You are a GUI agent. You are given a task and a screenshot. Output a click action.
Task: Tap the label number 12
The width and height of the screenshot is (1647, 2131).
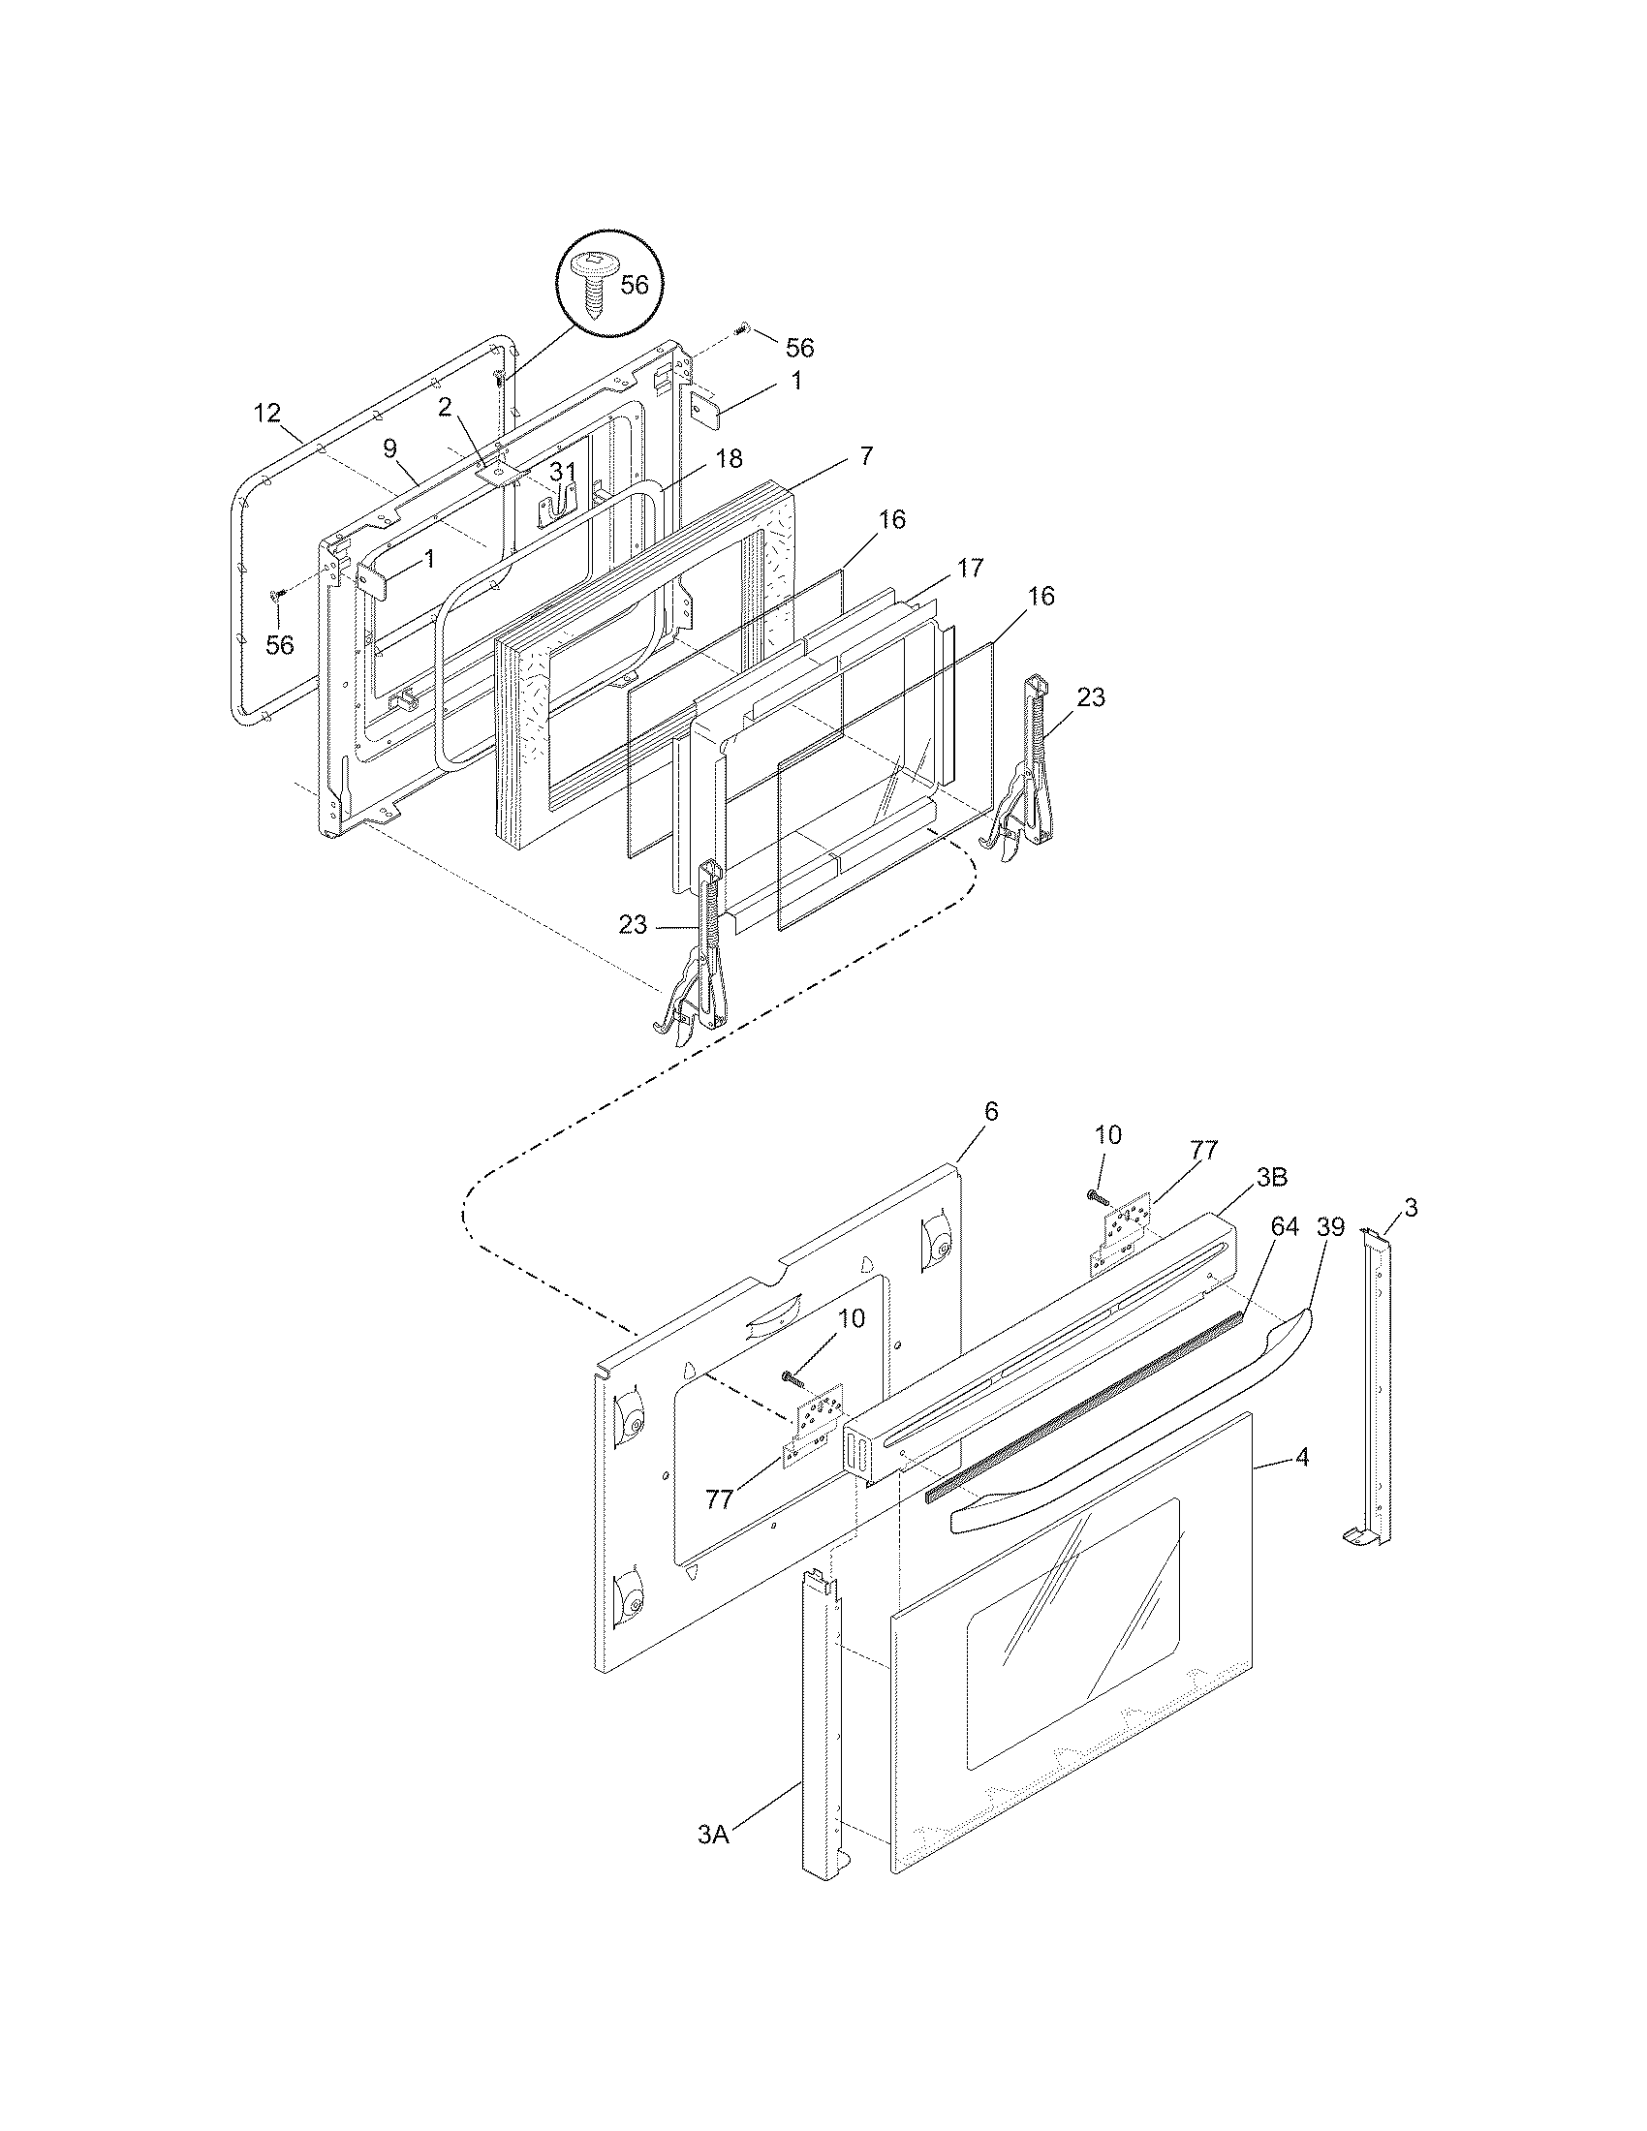point(267,414)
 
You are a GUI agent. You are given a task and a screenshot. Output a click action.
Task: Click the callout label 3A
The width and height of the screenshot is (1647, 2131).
point(713,1835)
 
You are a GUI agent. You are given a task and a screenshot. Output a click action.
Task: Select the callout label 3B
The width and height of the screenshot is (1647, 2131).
point(1270,1178)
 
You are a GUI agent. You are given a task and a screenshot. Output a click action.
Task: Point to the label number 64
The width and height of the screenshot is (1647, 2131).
point(1285,1226)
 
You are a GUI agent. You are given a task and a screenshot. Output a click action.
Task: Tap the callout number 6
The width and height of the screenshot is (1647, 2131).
point(991,1111)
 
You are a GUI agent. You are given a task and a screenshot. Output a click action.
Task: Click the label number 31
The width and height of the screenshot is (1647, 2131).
point(562,473)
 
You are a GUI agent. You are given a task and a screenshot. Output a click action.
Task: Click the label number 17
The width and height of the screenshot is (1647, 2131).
point(969,568)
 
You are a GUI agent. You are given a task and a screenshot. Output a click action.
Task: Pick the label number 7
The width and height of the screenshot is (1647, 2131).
point(866,455)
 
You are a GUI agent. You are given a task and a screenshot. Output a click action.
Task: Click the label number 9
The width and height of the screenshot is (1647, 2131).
point(389,448)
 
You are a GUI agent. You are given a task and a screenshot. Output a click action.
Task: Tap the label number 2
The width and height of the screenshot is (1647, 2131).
point(444,408)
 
